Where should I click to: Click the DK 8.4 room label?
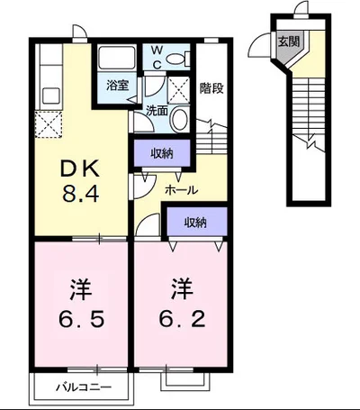80,180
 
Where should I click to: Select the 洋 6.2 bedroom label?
182,304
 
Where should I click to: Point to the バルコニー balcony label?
84,387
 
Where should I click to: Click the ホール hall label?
182,190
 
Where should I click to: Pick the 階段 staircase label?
211,88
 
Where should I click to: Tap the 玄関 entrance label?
289,41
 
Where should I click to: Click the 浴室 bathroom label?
118,86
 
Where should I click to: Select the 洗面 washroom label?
157,111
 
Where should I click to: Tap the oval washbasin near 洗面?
179,118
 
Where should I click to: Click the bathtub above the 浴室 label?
117,58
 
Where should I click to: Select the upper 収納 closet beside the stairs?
162,153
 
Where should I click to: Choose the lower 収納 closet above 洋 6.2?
195,223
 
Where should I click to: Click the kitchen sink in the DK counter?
50,96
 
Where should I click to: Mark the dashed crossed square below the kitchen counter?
49,123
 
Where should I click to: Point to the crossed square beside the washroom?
178,90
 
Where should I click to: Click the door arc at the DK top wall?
81,32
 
